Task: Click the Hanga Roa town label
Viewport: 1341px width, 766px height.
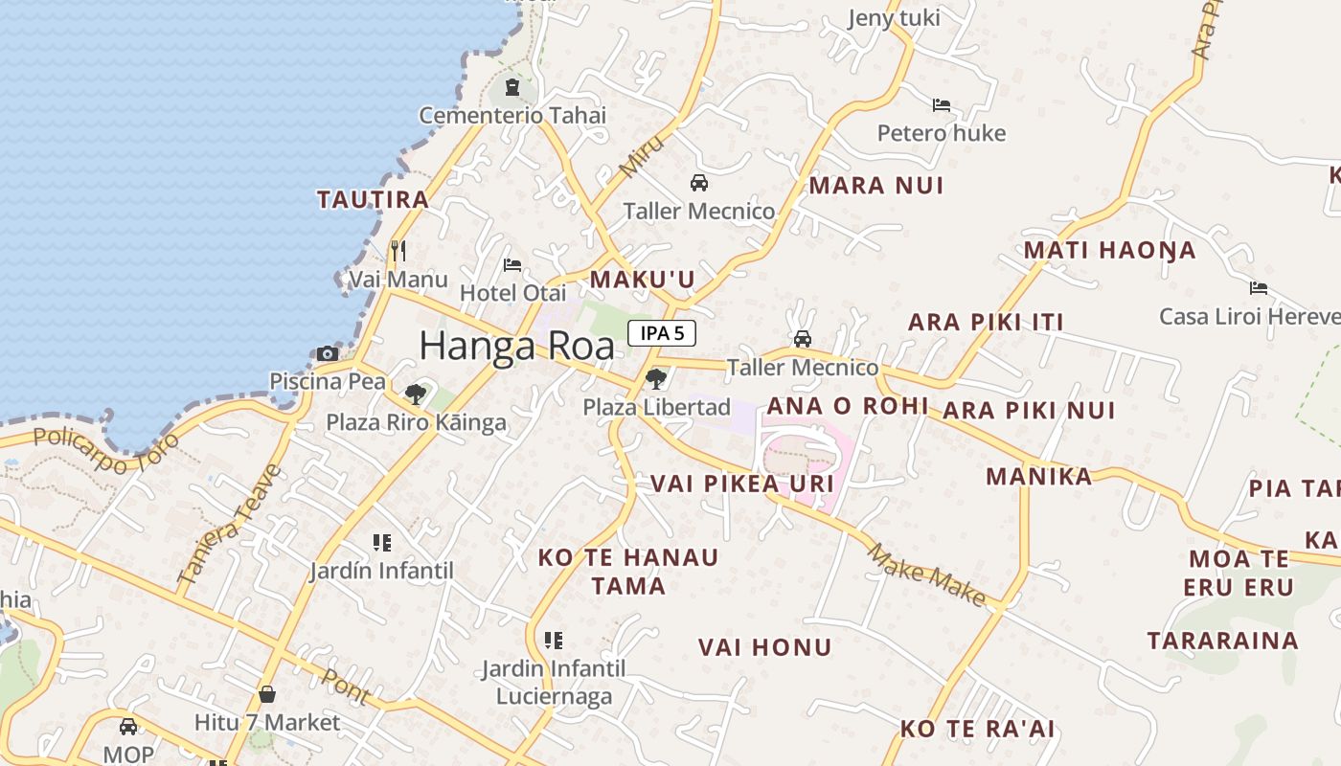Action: coord(516,346)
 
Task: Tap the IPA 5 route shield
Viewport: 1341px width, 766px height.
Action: coord(661,333)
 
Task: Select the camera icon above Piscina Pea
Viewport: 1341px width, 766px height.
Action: coord(328,353)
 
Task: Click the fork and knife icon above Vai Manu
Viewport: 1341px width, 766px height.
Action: coord(398,251)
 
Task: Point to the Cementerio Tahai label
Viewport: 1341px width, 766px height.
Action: coord(512,116)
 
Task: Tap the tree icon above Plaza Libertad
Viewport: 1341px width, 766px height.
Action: coord(656,378)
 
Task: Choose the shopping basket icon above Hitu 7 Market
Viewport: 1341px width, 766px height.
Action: coord(267,694)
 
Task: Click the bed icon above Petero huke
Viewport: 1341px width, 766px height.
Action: coord(942,105)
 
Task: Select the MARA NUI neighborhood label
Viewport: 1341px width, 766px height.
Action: coord(876,186)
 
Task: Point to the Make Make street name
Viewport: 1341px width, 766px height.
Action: coord(926,574)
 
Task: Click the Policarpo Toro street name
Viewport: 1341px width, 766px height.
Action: coord(106,451)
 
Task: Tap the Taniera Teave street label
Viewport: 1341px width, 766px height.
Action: coord(230,525)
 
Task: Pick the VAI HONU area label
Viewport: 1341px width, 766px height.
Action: coord(764,648)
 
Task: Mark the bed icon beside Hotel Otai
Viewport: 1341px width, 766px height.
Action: coord(512,264)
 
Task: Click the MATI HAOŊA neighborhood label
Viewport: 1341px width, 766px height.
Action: coord(1109,251)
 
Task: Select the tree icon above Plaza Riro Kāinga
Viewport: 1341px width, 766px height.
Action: coord(415,394)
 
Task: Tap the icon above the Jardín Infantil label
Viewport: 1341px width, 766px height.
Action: coord(382,543)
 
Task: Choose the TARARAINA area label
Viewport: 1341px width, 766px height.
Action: coord(1222,642)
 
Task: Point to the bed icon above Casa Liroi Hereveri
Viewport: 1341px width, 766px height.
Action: coord(1258,287)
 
